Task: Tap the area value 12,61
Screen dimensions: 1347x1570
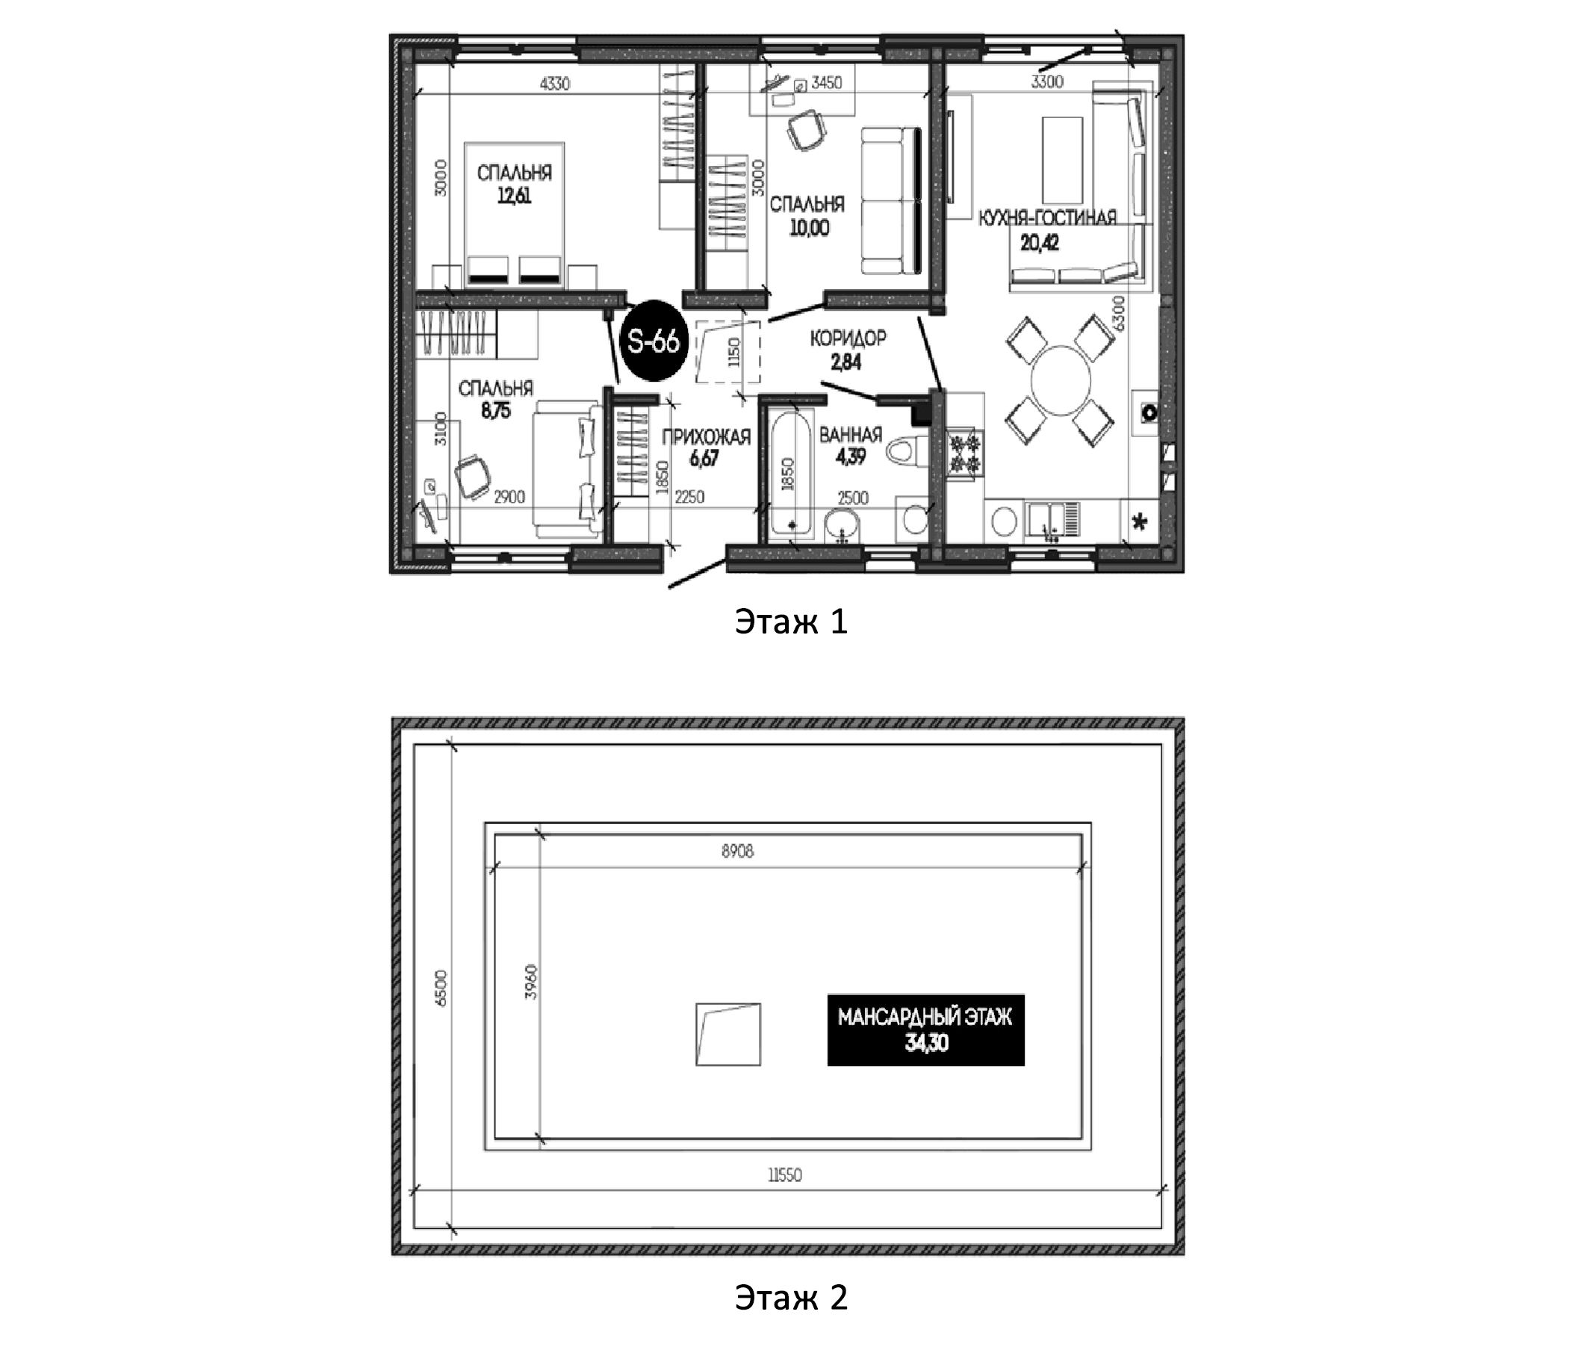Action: pos(515,196)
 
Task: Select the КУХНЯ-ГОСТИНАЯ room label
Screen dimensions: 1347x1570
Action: pos(1047,218)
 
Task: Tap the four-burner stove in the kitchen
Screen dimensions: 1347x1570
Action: pos(964,454)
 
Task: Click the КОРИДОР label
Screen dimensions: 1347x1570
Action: pos(848,338)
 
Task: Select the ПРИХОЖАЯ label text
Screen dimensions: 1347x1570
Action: pos(706,436)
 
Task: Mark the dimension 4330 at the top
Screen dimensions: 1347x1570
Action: pos(554,84)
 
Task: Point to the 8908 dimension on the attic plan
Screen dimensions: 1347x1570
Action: pos(737,851)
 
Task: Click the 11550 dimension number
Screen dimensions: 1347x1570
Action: pos(784,1175)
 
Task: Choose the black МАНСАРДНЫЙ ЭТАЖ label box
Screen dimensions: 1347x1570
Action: pos(925,1029)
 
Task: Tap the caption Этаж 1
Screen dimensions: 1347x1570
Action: pos(791,622)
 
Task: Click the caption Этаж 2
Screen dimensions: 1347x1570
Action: pos(791,1297)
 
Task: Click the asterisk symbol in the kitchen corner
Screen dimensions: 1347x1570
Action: pos(1139,522)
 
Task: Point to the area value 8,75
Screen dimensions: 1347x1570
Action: pos(495,411)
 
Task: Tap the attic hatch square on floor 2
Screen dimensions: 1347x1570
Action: pos(728,1035)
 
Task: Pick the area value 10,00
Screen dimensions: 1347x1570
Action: pos(809,227)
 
